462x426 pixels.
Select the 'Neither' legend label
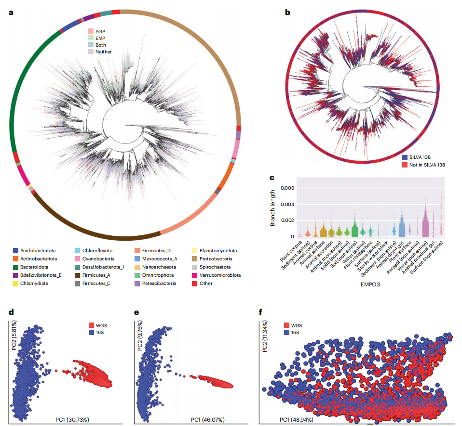(103, 52)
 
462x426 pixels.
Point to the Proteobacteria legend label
(219, 258)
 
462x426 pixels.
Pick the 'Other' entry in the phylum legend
(206, 284)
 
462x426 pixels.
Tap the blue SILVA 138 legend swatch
(405, 157)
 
